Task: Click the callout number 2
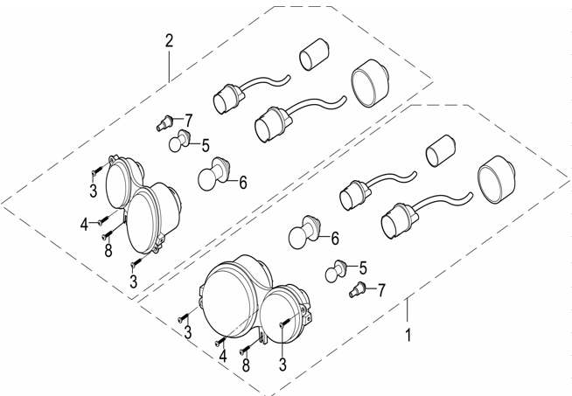click(169, 41)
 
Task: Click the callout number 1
click(408, 335)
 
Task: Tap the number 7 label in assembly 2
click(188, 121)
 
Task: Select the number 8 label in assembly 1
click(247, 365)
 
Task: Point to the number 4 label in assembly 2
click(84, 225)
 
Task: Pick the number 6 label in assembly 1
click(335, 238)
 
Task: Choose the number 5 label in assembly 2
click(206, 145)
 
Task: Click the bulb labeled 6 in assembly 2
click(213, 174)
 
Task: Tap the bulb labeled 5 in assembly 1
click(336, 271)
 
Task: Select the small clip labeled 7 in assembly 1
click(357, 289)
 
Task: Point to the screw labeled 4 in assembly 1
click(221, 342)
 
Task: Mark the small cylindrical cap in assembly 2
click(314, 54)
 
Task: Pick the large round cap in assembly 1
click(496, 179)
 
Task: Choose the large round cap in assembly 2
click(370, 84)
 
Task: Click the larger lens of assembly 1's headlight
click(232, 303)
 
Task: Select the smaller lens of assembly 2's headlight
click(118, 182)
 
